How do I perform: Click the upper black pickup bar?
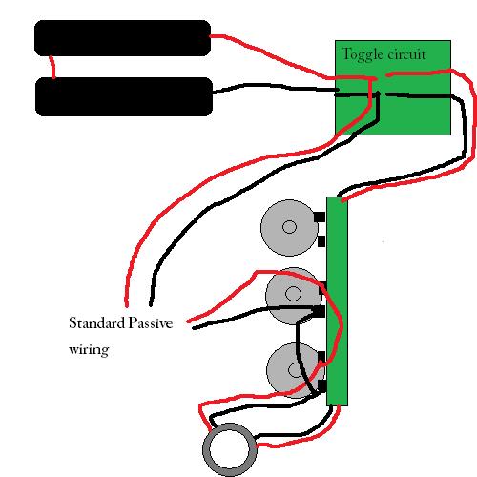(x=121, y=38)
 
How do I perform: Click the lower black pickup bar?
(x=123, y=96)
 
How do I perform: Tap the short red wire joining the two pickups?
(x=53, y=67)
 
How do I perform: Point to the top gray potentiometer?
(x=286, y=227)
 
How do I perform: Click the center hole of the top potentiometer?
(x=290, y=227)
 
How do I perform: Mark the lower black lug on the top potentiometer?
(x=321, y=241)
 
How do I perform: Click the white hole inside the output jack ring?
(x=232, y=449)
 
